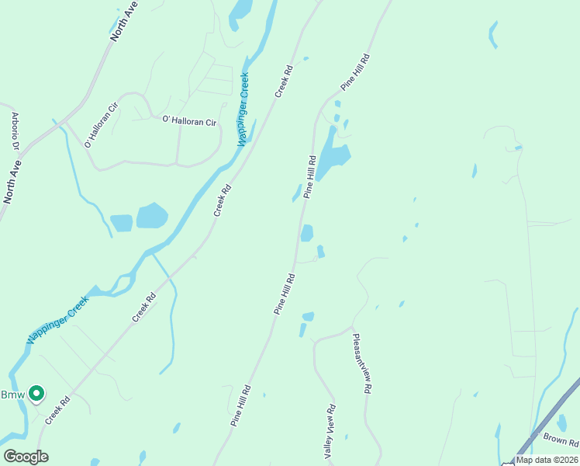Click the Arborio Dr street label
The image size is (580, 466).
coord(15,131)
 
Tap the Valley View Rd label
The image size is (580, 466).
coord(330,430)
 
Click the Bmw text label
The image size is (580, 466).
coord(11,395)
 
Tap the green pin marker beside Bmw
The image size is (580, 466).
coord(36,395)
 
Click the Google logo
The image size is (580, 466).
coord(26,457)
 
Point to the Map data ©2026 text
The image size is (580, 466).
coord(547,460)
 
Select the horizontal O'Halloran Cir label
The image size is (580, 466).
coord(188,121)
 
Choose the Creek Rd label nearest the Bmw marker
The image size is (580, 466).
coord(57,409)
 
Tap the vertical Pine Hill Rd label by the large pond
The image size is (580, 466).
coord(310,177)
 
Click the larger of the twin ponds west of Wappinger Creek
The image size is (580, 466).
coord(152,215)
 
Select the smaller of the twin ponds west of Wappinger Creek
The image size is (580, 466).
coord(121,223)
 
